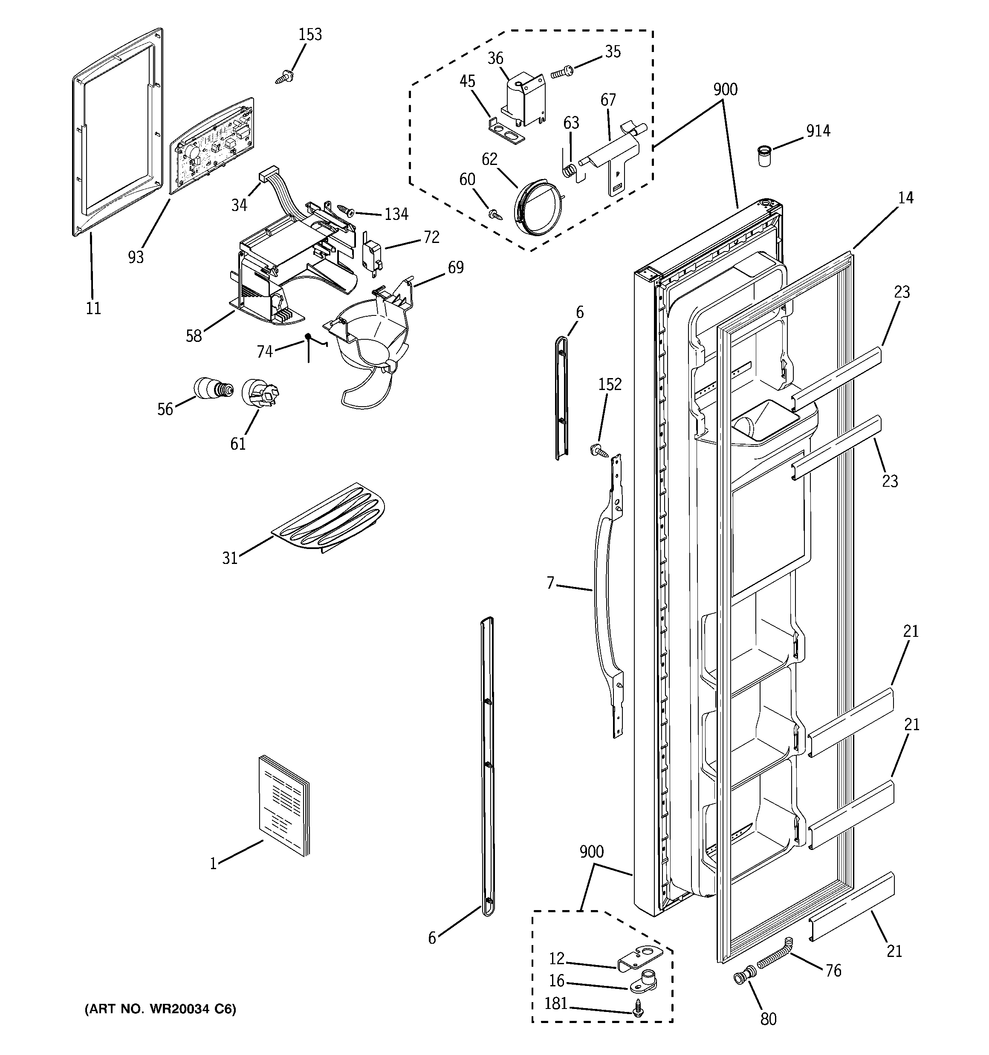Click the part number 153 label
click(310, 35)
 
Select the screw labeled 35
click(561, 72)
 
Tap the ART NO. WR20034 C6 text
click(160, 1008)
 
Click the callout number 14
click(905, 198)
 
